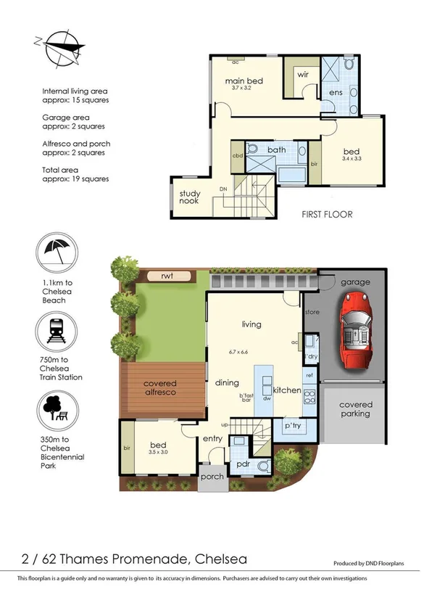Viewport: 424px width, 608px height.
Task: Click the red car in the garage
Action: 355,329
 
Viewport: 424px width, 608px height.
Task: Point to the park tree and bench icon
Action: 57,411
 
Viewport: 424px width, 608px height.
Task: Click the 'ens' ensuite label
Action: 336,94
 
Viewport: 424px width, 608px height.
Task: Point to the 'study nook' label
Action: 190,197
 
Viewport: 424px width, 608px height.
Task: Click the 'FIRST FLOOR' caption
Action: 327,215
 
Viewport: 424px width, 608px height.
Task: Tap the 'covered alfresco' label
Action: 159,388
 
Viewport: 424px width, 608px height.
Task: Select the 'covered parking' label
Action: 356,409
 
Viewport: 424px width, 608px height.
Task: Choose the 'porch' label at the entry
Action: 212,477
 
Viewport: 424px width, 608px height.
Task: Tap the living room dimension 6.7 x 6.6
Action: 240,352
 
